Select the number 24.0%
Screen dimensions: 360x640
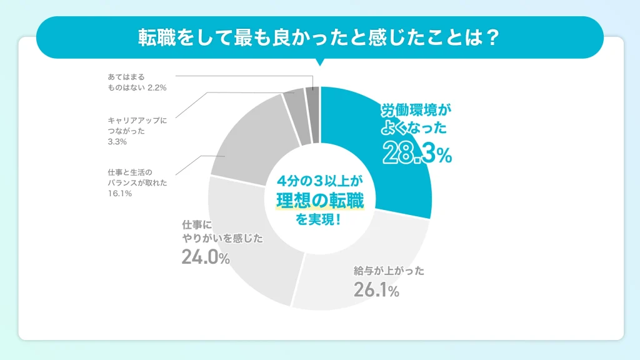coord(206,257)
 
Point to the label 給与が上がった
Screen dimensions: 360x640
coord(389,271)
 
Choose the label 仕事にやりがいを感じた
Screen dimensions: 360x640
coord(222,231)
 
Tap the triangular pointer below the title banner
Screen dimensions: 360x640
coord(320,62)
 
